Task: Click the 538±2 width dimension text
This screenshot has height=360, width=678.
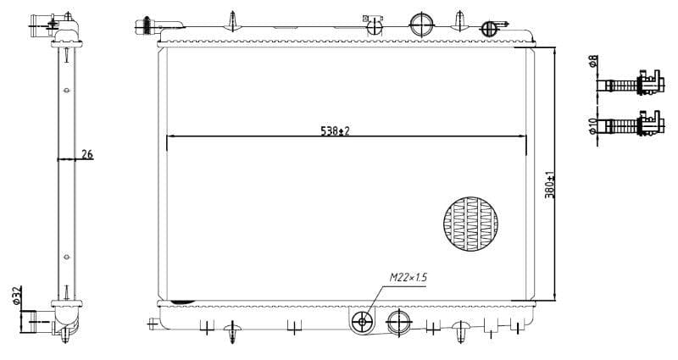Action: click(335, 130)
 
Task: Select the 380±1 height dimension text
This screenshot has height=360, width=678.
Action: click(548, 186)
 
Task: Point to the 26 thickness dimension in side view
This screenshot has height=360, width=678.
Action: click(86, 153)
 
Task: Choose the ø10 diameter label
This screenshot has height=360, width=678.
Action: click(592, 126)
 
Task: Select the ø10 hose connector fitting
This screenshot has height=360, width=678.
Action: click(631, 125)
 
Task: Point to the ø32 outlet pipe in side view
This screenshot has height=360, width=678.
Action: click(35, 320)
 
